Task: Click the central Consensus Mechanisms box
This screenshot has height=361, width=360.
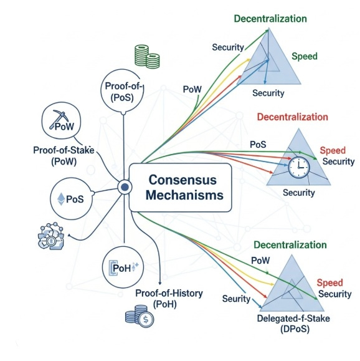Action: click(x=180, y=187)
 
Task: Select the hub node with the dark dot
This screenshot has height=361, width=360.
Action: click(x=124, y=186)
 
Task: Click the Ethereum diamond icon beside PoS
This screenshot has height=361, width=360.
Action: click(x=61, y=200)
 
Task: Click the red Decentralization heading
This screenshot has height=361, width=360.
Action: click(x=292, y=117)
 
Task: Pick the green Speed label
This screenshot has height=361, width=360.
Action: click(x=305, y=57)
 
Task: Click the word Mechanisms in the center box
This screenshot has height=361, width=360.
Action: click(x=181, y=195)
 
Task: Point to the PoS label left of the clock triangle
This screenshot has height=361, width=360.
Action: click(x=258, y=144)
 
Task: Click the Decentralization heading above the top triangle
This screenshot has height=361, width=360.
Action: click(x=270, y=18)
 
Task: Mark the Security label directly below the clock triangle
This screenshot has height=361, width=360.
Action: click(x=300, y=193)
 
